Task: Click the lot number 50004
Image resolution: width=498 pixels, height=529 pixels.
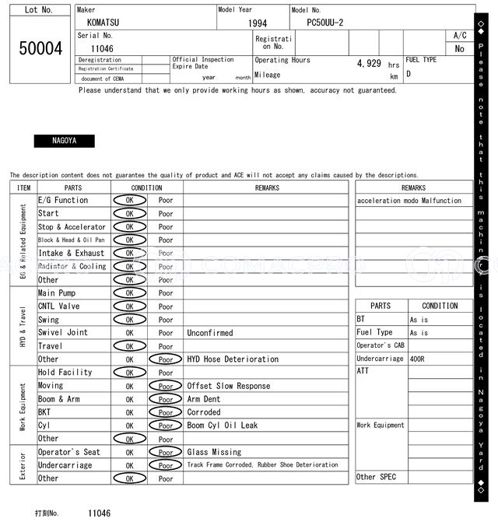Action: tap(40, 48)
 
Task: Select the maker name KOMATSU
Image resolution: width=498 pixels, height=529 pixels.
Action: tap(104, 23)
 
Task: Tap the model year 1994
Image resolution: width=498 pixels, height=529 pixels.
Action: tap(258, 23)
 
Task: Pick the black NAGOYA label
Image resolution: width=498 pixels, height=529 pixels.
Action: tap(64, 141)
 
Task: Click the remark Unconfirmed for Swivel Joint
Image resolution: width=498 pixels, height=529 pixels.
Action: tap(209, 333)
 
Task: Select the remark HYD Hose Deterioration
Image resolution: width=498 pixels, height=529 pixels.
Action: tap(232, 359)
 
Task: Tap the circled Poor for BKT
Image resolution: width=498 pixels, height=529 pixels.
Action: tap(166, 412)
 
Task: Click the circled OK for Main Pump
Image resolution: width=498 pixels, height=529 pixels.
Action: tap(129, 293)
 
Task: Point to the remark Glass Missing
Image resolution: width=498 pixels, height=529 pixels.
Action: tap(214, 452)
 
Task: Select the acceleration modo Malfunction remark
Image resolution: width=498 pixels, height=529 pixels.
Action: tap(409, 201)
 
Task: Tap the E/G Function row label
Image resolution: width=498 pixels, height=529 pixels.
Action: tap(63, 200)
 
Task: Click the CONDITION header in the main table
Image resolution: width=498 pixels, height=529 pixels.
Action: tap(146, 187)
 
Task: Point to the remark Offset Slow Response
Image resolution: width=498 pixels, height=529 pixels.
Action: tap(229, 386)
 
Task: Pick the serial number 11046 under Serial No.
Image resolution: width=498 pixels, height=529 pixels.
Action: tap(103, 48)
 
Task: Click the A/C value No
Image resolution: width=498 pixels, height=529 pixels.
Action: tap(460, 49)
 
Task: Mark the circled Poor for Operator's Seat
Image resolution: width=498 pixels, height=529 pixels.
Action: tap(166, 452)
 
